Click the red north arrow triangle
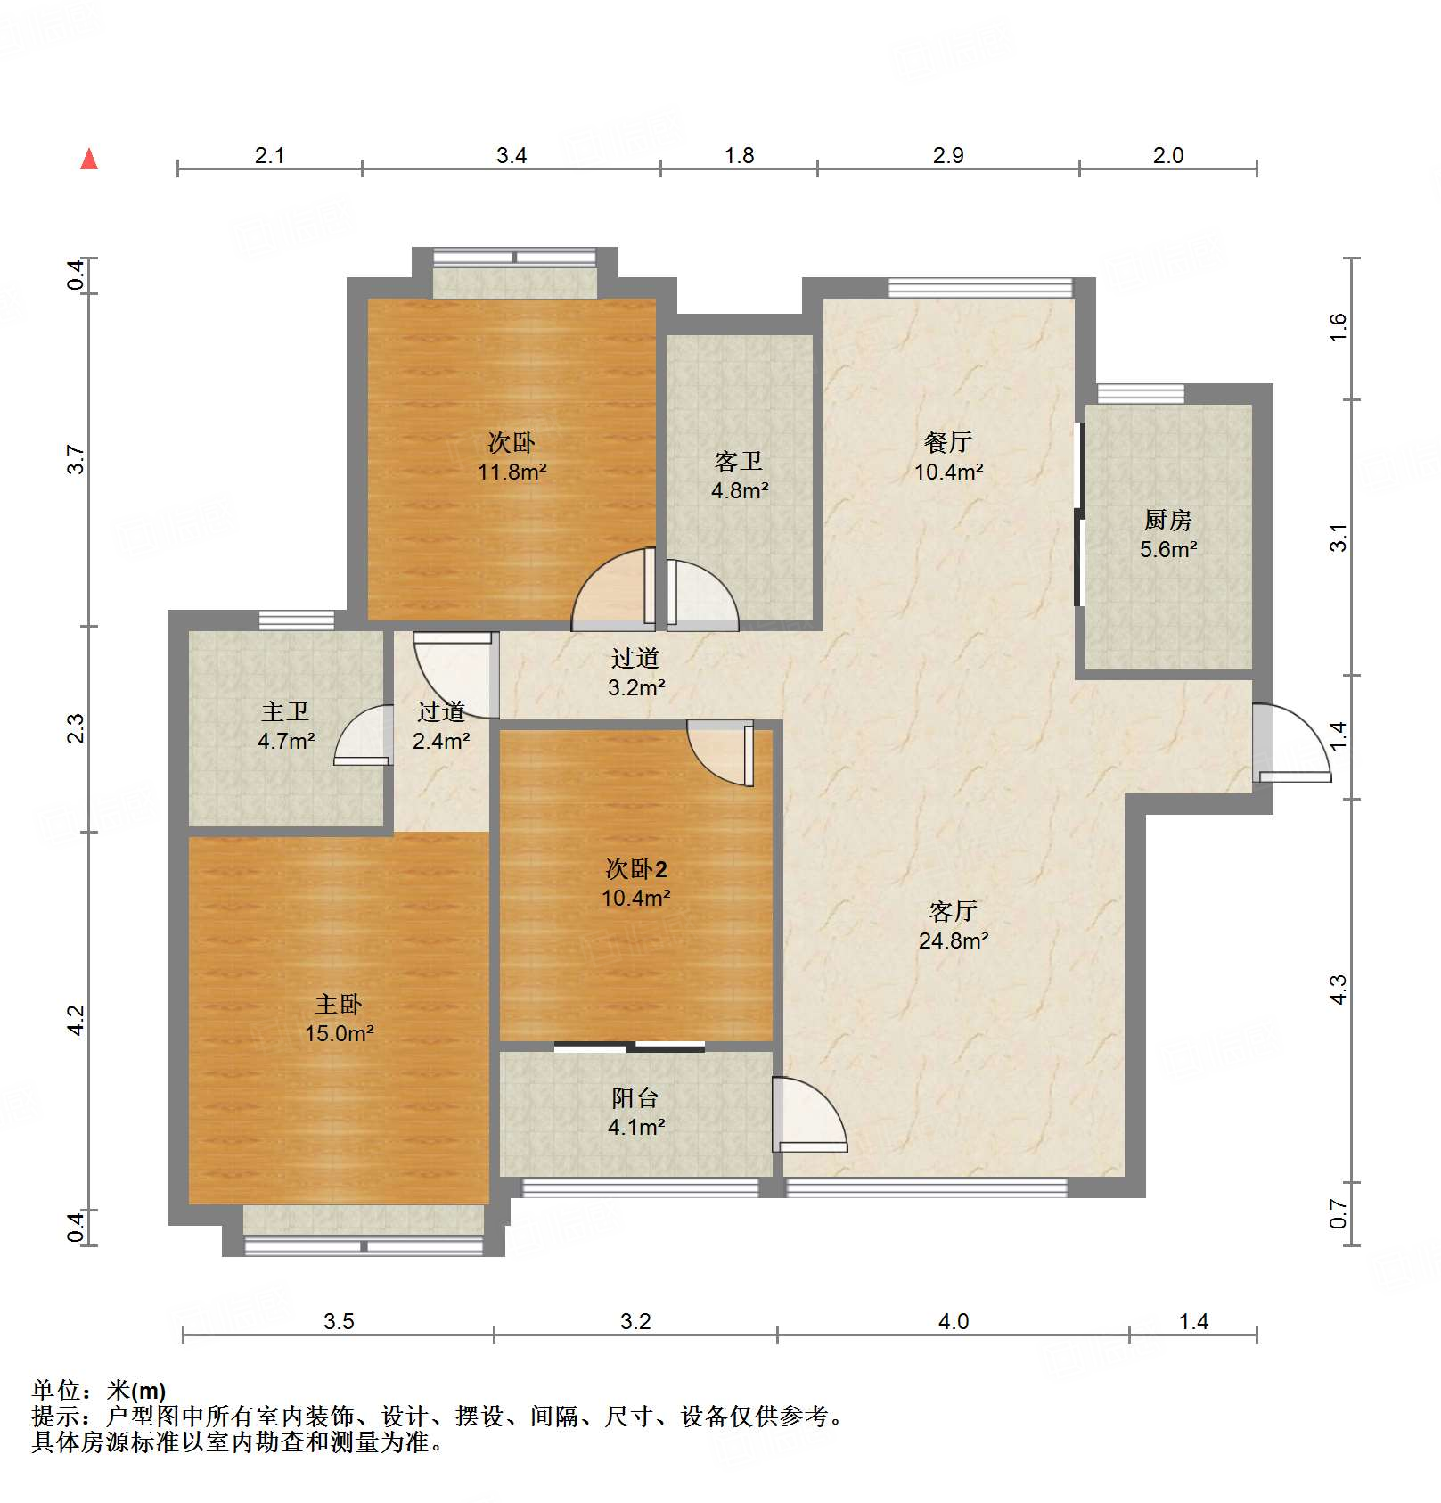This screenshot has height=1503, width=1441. (89, 160)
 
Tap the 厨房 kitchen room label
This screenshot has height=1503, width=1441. (1167, 519)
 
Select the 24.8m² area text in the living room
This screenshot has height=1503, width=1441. (954, 940)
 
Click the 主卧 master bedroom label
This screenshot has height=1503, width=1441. (339, 1005)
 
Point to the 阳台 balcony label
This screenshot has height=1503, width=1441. (635, 1098)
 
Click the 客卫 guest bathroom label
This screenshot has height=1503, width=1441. (739, 461)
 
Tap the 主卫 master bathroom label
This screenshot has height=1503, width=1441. (285, 711)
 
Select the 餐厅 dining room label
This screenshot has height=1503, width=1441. (948, 442)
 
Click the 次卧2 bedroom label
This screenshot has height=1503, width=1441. (636, 868)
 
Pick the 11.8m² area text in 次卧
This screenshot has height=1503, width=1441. (512, 472)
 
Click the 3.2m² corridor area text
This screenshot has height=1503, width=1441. (636, 687)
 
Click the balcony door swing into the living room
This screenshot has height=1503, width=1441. (808, 1114)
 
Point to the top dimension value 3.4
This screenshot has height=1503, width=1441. (512, 155)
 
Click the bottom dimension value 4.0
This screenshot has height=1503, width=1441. (953, 1321)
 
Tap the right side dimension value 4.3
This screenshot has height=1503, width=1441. (1339, 990)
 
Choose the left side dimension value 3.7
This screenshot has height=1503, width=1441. (77, 459)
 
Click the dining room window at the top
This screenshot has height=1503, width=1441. (980, 287)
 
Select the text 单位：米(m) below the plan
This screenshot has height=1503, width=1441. (99, 1390)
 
